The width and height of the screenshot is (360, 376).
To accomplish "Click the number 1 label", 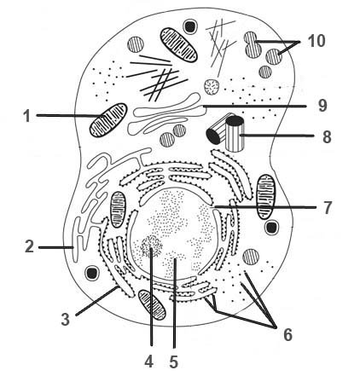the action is tap(26, 116).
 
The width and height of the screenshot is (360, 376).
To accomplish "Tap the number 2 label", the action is tap(29, 246).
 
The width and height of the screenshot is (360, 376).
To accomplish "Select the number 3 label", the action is tap(66, 319).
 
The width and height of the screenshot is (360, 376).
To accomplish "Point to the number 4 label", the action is tap(149, 362).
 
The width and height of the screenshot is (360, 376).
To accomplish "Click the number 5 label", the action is tap(174, 362).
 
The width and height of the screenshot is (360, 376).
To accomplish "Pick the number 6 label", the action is tap(287, 335).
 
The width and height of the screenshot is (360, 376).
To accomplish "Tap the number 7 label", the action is tap(328, 208).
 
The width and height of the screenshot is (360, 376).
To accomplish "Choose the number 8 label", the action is tap(327, 137).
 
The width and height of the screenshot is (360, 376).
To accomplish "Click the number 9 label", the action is tap(322, 106).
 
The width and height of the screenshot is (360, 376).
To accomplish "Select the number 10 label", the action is tap(316, 41).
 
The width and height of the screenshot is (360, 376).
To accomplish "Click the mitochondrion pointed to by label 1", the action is tap(108, 120).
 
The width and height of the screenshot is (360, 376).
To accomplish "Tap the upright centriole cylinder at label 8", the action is tap(235, 133).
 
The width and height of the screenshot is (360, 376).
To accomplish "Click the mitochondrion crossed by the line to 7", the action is tap(266, 197).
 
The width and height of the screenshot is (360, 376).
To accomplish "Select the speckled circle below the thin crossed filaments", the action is tap(212, 87).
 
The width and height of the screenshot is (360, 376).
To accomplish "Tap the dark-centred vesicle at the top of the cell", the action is tap(190, 26).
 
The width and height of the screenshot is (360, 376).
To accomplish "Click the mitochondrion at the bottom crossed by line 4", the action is tap(152, 304).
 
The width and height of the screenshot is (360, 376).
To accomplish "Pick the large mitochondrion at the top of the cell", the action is tap(179, 44).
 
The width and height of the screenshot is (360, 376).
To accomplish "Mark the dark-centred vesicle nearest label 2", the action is tap(92, 273).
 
